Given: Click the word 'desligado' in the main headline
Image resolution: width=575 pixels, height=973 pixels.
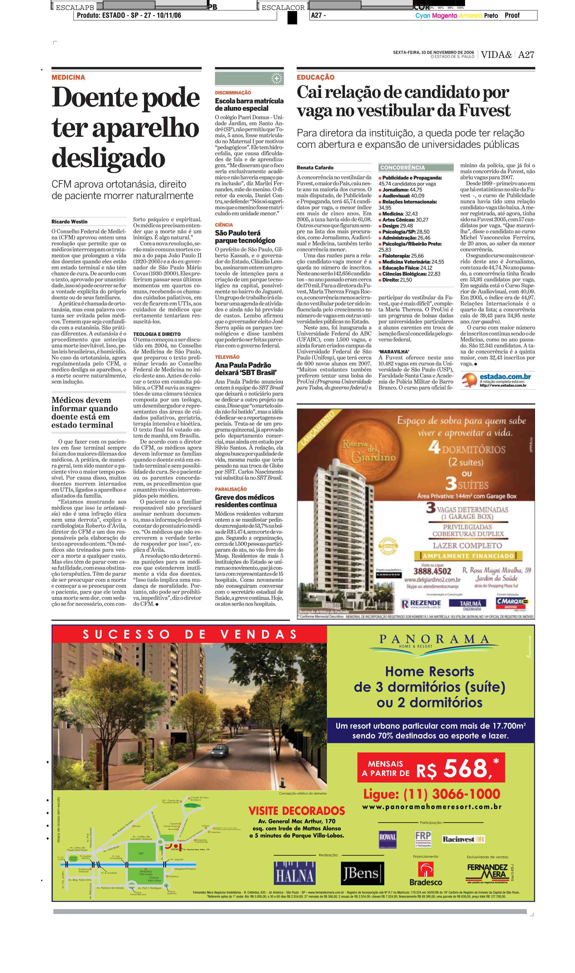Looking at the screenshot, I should click(x=109, y=158).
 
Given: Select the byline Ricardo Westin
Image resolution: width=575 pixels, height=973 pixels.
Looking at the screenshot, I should click(x=69, y=222).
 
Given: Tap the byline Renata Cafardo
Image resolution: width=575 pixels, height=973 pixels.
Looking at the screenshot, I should click(x=315, y=167).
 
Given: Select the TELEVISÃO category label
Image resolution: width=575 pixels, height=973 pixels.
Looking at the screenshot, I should click(x=227, y=357).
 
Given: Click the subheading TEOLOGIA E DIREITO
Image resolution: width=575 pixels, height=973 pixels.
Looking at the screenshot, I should click(x=157, y=334).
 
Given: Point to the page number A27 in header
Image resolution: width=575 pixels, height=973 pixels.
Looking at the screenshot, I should click(x=526, y=55).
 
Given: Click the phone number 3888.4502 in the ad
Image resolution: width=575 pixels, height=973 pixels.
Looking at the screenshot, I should click(x=432, y=571).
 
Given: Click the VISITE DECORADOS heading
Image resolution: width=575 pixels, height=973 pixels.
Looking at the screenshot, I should click(x=296, y=811).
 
